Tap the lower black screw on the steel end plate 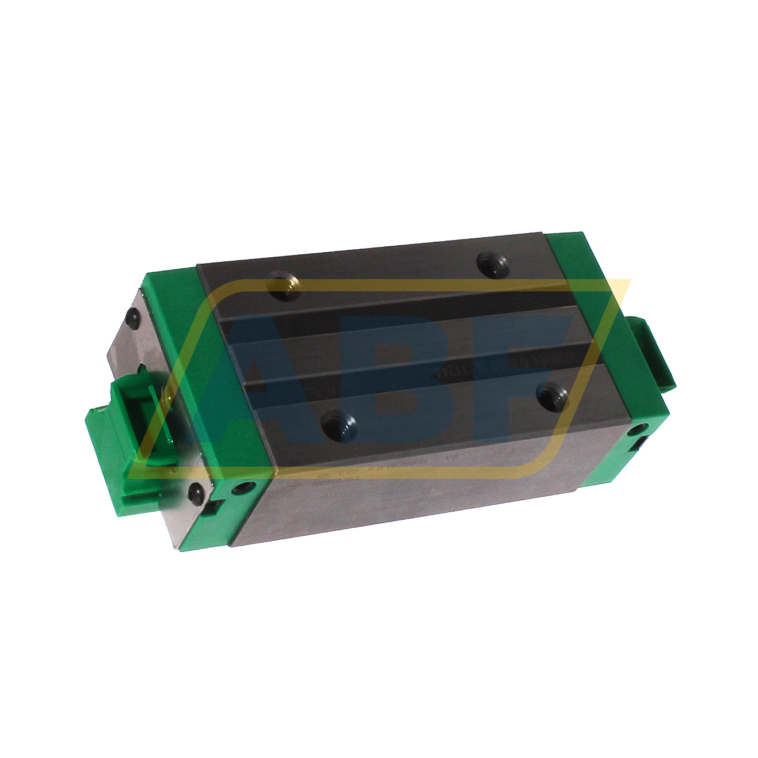[196, 493]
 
